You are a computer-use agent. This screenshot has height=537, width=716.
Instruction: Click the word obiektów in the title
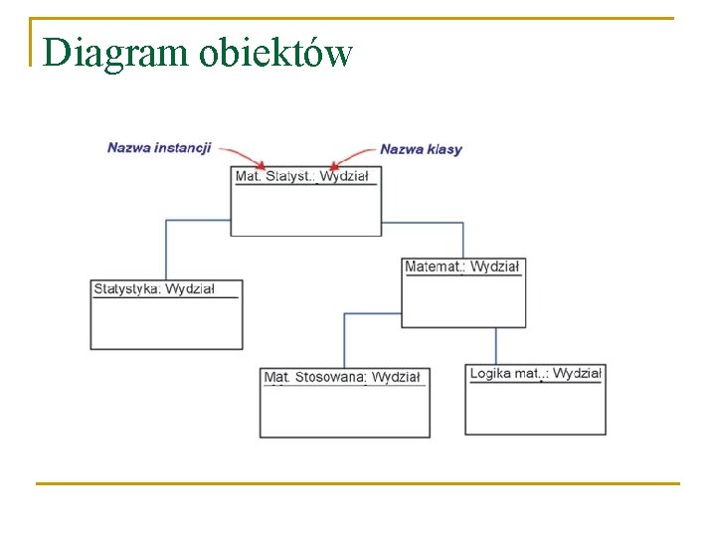(275, 52)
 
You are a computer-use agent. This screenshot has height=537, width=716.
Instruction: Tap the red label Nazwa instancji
(159, 148)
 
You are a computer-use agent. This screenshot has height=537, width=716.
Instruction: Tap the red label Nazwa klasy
(421, 149)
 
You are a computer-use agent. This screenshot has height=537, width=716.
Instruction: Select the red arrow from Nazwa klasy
(354, 155)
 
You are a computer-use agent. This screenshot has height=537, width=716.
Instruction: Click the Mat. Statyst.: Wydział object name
(301, 176)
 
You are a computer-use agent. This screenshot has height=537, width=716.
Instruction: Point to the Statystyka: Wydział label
(154, 289)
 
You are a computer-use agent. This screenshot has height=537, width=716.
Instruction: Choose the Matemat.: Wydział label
(461, 267)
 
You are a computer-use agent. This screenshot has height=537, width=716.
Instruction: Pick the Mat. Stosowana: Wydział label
(342, 377)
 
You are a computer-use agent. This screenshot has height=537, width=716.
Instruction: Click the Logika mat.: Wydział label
(535, 373)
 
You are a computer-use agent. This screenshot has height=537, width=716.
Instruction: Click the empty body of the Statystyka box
(166, 323)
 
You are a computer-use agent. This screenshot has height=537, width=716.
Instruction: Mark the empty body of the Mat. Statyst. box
(305, 210)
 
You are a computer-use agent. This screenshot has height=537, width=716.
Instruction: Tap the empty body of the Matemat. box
(463, 301)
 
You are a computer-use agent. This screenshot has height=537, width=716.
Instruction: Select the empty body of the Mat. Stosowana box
(345, 412)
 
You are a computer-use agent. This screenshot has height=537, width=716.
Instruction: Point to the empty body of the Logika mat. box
(535, 409)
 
